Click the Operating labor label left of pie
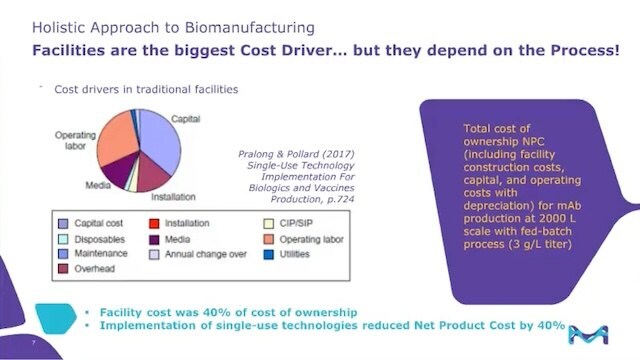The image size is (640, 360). (x=76, y=139)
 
